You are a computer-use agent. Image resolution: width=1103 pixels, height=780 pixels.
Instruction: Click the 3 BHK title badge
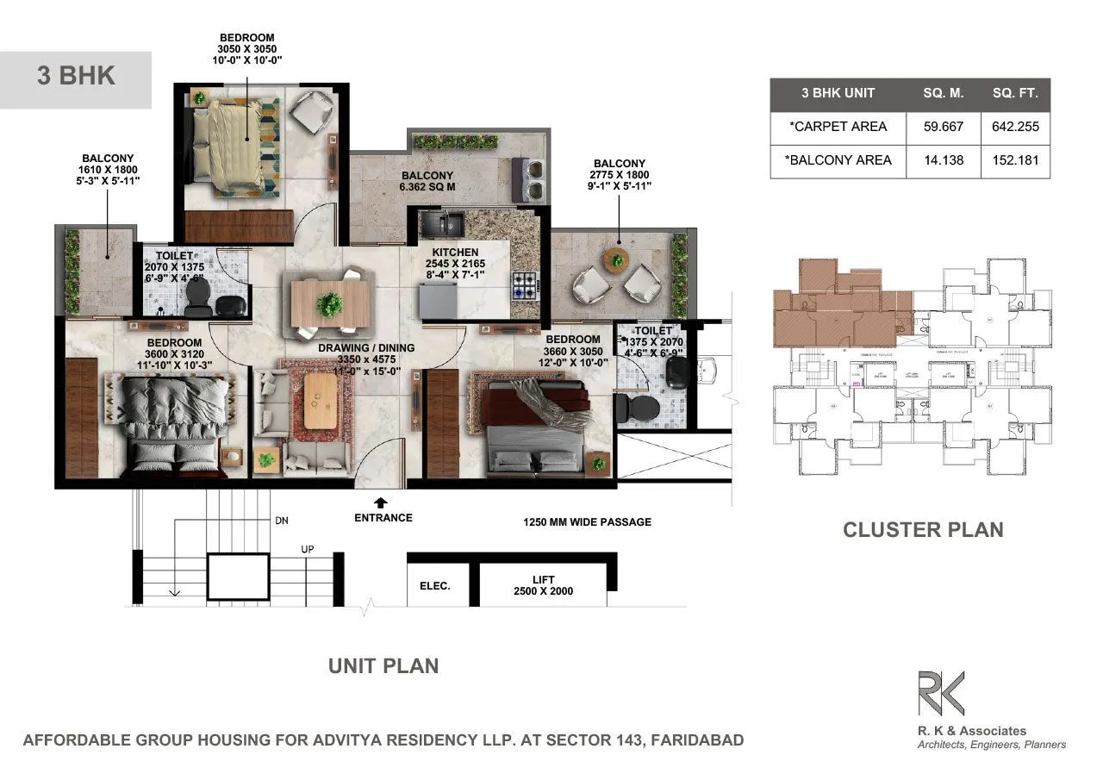tap(76, 76)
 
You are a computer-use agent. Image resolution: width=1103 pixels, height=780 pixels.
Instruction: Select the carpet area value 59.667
tap(943, 127)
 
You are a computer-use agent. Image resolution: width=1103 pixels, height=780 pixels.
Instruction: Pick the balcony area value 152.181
tap(1015, 160)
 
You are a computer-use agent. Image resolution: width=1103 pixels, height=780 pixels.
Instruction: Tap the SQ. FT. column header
tap(1015, 93)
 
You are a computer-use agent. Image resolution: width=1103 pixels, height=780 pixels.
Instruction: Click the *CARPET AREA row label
tap(838, 127)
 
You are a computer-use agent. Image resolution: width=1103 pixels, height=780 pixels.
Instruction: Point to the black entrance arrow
tap(380, 502)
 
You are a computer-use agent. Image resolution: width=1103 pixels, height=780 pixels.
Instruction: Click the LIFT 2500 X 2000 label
tap(543, 585)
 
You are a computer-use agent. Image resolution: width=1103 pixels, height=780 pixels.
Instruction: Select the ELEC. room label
tap(435, 586)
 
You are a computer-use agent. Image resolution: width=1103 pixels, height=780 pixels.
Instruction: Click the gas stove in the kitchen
tap(525, 285)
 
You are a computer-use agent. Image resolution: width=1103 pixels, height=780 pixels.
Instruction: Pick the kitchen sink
tap(442, 224)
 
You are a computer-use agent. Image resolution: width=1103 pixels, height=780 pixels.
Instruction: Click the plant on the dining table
tap(328, 303)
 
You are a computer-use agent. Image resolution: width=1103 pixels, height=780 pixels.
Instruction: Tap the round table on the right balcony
tap(616, 258)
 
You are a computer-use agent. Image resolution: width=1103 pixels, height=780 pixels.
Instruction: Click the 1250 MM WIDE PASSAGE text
tap(587, 522)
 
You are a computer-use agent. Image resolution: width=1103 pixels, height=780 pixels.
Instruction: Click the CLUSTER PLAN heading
tap(923, 529)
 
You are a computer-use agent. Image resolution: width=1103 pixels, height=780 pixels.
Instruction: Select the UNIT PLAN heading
tap(383, 665)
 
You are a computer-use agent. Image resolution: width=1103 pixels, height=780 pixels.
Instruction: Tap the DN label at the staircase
tap(281, 521)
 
